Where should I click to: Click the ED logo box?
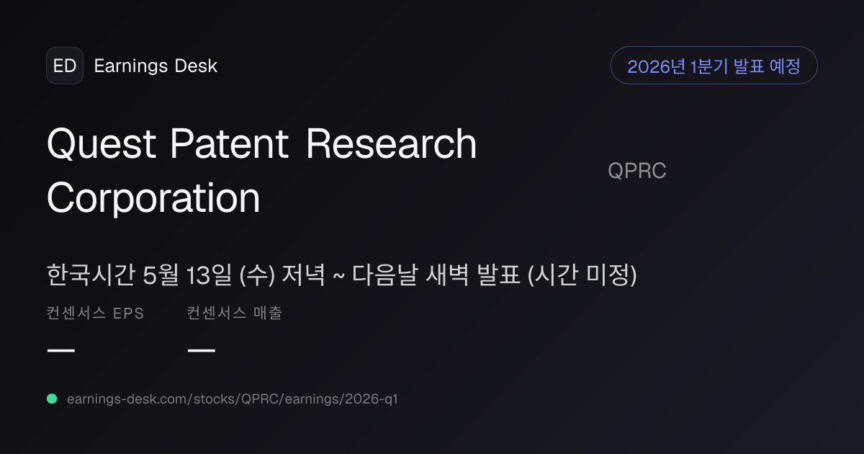(x=65, y=66)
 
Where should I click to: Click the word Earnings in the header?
(x=131, y=66)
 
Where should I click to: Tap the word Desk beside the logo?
(x=196, y=66)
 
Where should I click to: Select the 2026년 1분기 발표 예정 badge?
(x=714, y=66)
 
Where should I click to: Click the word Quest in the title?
(x=102, y=143)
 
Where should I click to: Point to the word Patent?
(x=229, y=143)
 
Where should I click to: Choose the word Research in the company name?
(x=392, y=143)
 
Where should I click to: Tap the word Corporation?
(x=153, y=198)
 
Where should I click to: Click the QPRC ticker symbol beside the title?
(x=637, y=171)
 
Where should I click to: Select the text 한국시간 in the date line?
(x=91, y=275)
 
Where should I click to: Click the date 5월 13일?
(x=187, y=275)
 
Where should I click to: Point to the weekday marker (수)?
(x=257, y=275)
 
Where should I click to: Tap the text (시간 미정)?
(x=582, y=275)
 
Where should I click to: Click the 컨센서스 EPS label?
(x=95, y=313)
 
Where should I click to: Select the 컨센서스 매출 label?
(x=235, y=313)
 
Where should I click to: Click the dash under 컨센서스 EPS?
(x=61, y=350)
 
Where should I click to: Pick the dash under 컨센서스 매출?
(x=202, y=350)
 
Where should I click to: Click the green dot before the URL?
(x=52, y=399)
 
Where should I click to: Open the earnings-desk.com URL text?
(x=232, y=399)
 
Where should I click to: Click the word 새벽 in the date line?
(x=447, y=275)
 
